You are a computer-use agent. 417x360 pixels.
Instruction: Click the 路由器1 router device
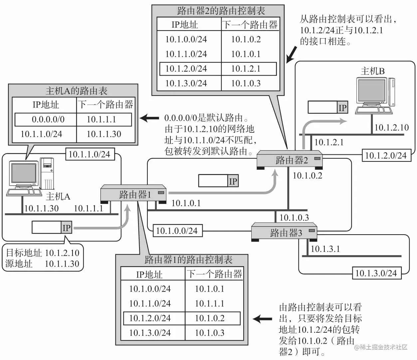pyautogui.click(x=133, y=194)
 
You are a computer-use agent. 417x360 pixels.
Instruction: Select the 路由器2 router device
pyautogui.click(x=290, y=160)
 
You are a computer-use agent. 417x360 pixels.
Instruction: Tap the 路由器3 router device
pyautogui.click(x=284, y=232)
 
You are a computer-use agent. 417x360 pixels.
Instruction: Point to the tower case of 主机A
pyautogui.click(x=47, y=173)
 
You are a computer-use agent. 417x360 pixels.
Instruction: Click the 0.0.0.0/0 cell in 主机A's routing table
pyautogui.click(x=48, y=119)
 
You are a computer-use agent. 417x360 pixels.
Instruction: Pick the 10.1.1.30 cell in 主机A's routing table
pyautogui.click(x=104, y=134)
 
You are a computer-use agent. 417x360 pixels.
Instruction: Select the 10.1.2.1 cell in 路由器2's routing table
pyautogui.click(x=246, y=69)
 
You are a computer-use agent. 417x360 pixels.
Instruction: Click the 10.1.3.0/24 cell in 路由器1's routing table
pyautogui.click(x=150, y=333)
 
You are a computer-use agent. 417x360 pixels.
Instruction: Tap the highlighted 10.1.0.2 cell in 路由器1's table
pyautogui.click(x=210, y=318)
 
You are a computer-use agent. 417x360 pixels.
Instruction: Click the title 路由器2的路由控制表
pyautogui.click(x=221, y=11)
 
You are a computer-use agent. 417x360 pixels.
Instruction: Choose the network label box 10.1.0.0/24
pyautogui.click(x=177, y=231)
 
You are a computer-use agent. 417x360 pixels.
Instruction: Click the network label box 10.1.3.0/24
pyautogui.click(x=377, y=273)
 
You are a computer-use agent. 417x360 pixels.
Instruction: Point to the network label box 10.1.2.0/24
pyautogui.click(x=386, y=155)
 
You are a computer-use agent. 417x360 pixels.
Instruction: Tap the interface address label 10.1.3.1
pyautogui.click(x=325, y=249)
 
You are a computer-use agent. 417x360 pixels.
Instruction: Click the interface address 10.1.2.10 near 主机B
pyautogui.click(x=392, y=127)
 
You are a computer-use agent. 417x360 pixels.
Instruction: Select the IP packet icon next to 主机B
pyautogui.click(x=328, y=107)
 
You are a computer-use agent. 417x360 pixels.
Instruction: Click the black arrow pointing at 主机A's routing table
pyautogui.click(x=149, y=118)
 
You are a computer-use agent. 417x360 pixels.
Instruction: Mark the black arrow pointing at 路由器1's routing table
pyautogui.click(x=262, y=319)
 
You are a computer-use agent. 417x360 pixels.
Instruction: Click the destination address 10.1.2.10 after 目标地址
pyautogui.click(x=62, y=253)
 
